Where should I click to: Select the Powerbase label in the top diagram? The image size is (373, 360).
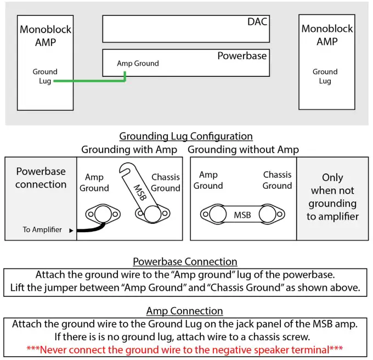242,56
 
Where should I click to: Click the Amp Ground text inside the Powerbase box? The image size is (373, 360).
138,64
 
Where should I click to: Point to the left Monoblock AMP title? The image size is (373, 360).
45,36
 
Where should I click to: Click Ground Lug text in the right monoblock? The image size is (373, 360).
325,76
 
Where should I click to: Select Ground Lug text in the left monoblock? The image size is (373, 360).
44,76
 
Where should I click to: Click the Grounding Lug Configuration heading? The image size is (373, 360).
186,136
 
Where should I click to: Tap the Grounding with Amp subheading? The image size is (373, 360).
129,149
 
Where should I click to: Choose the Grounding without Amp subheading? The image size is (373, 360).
243,149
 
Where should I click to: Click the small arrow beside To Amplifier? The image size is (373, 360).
71,230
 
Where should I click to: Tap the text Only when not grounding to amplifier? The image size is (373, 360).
332,196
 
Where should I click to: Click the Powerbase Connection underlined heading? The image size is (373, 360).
185,262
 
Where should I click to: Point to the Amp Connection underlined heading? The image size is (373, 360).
184,311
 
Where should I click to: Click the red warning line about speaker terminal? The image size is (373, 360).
184,348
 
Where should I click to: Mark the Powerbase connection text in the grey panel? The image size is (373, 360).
41,178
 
